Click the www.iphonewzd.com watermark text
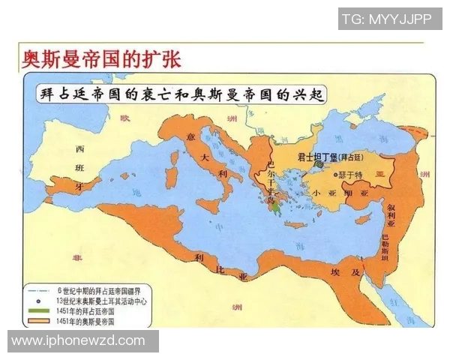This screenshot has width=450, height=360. point(78,341)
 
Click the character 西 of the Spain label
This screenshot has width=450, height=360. point(79,148)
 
